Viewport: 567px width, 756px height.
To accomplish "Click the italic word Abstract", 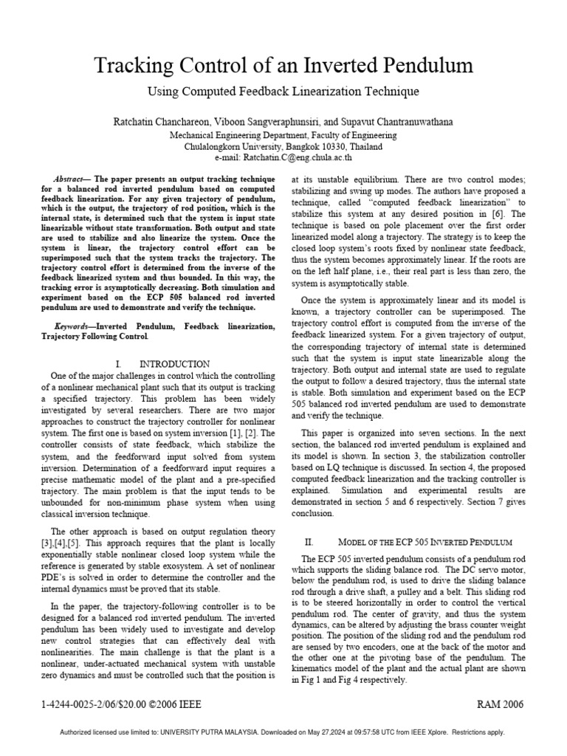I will (x=71, y=179).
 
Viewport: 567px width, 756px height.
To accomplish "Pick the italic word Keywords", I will (x=75, y=326).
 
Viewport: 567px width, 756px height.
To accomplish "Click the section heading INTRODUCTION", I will (x=174, y=364).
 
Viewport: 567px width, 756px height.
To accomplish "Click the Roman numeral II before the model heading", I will (x=309, y=540).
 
